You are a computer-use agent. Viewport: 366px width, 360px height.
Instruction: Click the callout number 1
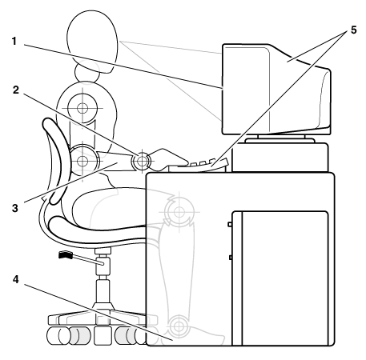click(x=14, y=42)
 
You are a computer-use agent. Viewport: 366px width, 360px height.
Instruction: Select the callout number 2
click(x=16, y=90)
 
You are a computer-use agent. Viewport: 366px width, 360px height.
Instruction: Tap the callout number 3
click(x=15, y=208)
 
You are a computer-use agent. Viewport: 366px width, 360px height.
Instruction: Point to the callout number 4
click(x=16, y=279)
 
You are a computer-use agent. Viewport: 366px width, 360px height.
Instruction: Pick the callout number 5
click(x=353, y=30)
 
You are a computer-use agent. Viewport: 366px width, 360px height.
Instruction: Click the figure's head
click(x=92, y=42)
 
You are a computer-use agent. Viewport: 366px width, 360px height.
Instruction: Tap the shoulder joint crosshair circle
click(x=82, y=108)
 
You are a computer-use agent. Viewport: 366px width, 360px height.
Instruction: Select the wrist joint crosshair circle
click(x=142, y=161)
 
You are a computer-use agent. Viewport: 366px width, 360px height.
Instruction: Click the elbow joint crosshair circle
click(x=82, y=161)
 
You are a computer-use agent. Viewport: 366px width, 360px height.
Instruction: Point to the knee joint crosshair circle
click(x=179, y=212)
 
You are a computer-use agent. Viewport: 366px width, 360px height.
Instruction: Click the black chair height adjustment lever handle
click(x=66, y=255)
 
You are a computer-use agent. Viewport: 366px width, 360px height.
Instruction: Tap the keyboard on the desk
click(x=199, y=166)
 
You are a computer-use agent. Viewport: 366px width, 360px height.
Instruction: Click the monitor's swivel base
click(x=280, y=140)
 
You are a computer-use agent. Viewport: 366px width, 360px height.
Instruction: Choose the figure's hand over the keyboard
click(x=168, y=159)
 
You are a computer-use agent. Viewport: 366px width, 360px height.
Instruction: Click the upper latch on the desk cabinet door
click(x=230, y=224)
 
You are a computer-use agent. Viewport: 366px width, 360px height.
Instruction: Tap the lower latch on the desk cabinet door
click(x=230, y=258)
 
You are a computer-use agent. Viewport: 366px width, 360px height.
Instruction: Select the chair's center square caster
click(x=103, y=335)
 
